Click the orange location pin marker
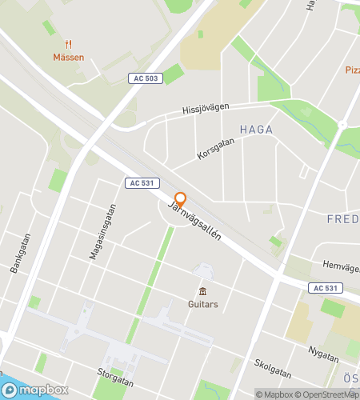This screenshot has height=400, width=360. pos(181,200)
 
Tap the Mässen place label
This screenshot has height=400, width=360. pos(69,58)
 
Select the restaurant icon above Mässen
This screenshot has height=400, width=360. pos(69,45)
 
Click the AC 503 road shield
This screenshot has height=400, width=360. pos(145,77)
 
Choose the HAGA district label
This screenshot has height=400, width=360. pos(256,129)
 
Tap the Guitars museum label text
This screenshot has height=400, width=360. pos(202,304)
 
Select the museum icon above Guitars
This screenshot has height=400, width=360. pos(202,290)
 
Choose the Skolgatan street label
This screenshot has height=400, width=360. pos(274,370)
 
